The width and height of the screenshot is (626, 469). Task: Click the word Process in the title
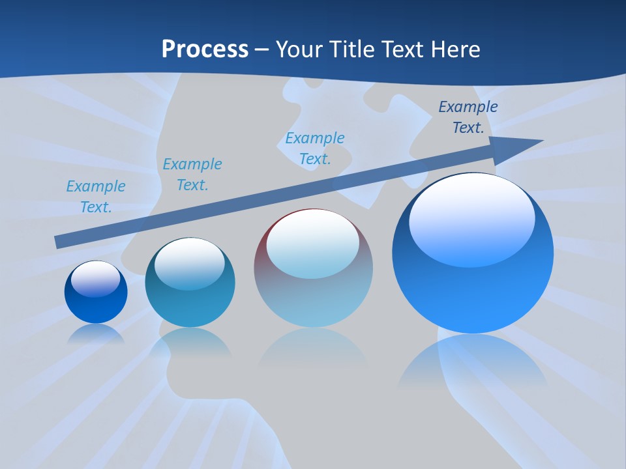[x=205, y=49]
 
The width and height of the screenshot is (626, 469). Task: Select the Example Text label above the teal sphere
[x=192, y=175]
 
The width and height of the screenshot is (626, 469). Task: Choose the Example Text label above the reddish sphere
[x=315, y=149]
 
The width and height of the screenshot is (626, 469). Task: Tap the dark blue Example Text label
[x=468, y=117]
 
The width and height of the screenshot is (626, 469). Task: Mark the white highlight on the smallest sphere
[x=95, y=278]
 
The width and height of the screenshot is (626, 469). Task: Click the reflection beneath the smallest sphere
[x=96, y=333]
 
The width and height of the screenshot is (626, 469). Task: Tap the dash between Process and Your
[x=262, y=50]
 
